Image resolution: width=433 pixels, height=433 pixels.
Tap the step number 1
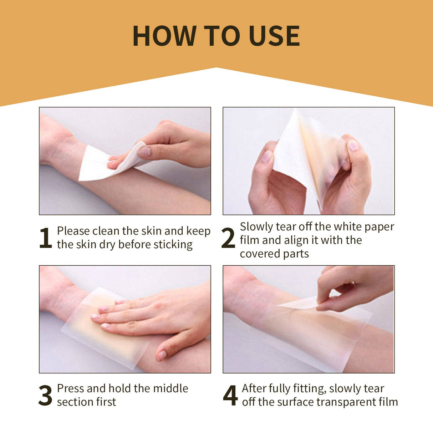click(45, 238)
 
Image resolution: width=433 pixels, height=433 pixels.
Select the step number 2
click(228, 238)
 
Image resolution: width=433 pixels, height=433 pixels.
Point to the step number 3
click(45, 395)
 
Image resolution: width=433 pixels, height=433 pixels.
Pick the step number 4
click(230, 395)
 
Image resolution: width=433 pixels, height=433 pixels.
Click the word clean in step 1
click(106, 231)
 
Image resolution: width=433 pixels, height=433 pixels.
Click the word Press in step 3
click(70, 388)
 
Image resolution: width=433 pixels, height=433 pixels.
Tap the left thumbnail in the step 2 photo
click(267, 156)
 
